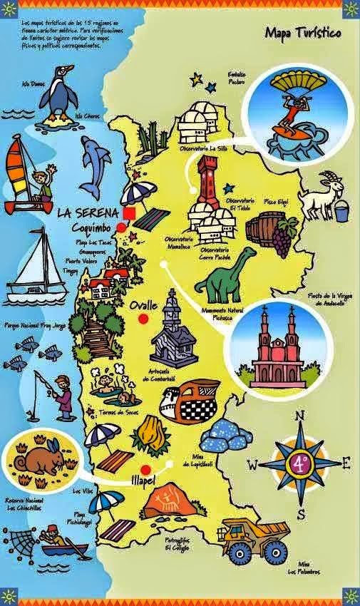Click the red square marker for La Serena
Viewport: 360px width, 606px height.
tap(129, 213)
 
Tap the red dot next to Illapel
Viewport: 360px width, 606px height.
tap(147, 469)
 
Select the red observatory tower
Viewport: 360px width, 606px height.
tap(208, 183)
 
